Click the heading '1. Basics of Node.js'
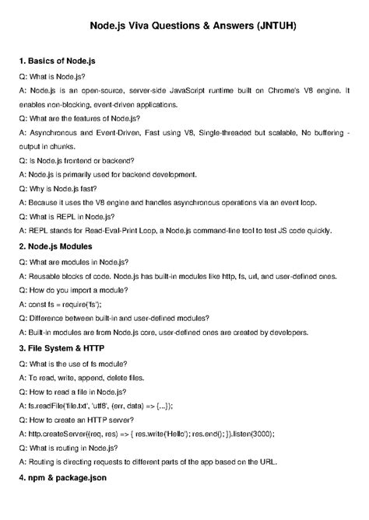(62, 60)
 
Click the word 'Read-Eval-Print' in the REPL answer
(114, 231)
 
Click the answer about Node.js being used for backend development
(111, 173)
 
